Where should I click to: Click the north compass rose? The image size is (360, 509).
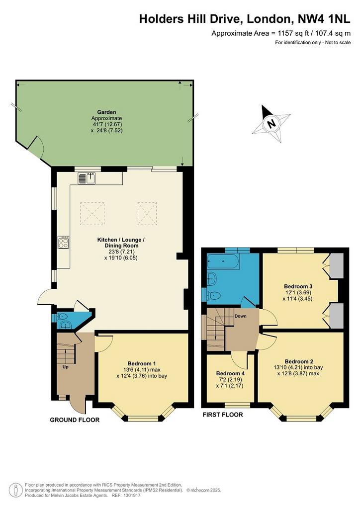click(x=271, y=124)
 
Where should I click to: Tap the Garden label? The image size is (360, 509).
click(x=106, y=112)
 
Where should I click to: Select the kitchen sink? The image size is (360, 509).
click(x=87, y=178)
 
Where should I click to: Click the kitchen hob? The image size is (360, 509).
click(x=64, y=242)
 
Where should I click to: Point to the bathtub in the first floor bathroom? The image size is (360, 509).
click(x=224, y=261)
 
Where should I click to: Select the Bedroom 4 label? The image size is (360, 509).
click(x=230, y=374)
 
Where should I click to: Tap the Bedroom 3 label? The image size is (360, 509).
click(x=298, y=286)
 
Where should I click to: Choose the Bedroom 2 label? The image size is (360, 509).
click(x=299, y=362)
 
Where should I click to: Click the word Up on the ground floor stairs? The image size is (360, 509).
click(x=65, y=367)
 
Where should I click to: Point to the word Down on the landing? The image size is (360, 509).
click(x=240, y=316)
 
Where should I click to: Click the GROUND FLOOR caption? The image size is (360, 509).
click(x=75, y=420)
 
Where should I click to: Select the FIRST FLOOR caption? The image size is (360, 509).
click(x=223, y=415)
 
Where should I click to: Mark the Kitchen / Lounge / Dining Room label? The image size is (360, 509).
click(x=121, y=243)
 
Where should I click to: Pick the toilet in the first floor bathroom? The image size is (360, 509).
click(x=214, y=295)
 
